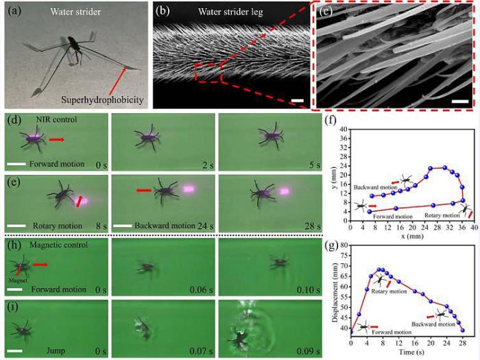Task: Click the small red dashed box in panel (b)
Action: tap(208, 71)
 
